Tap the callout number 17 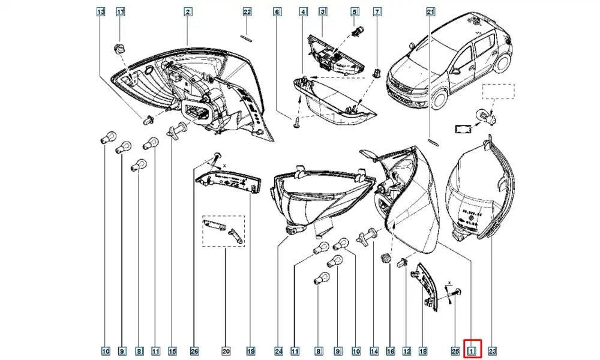[x=120, y=12]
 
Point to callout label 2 [x=188, y=12]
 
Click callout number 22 [x=247, y=12]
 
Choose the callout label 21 [x=430, y=12]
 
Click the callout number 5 [x=355, y=12]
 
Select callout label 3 [x=322, y=12]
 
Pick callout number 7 [x=377, y=12]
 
